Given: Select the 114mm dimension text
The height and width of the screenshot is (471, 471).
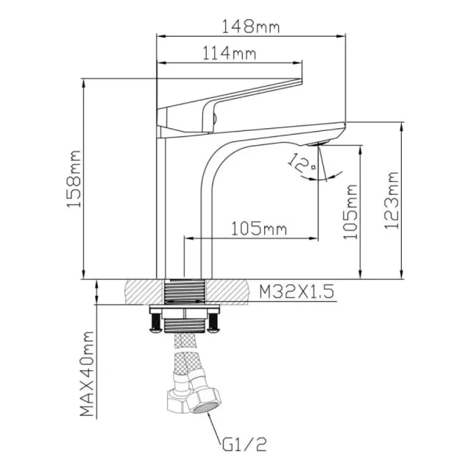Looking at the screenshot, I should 230,54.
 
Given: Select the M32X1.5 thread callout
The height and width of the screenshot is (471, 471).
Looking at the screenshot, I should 296,292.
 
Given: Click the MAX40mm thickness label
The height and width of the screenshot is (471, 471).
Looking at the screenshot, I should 88,373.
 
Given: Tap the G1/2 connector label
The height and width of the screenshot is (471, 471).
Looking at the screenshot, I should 241,445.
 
